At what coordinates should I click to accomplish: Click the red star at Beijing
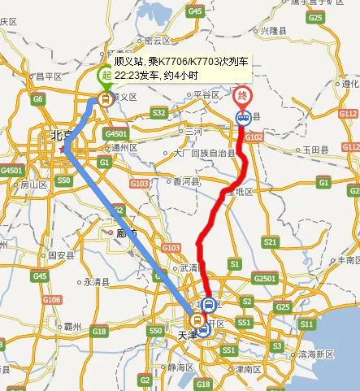pyautogui.click(x=63, y=150)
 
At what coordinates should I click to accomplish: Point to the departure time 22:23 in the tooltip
pyautogui.click(x=126, y=75)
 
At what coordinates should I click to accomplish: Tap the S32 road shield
pyautogui.click(x=158, y=112)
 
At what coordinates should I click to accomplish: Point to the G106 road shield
pyautogui.click(x=52, y=300)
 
